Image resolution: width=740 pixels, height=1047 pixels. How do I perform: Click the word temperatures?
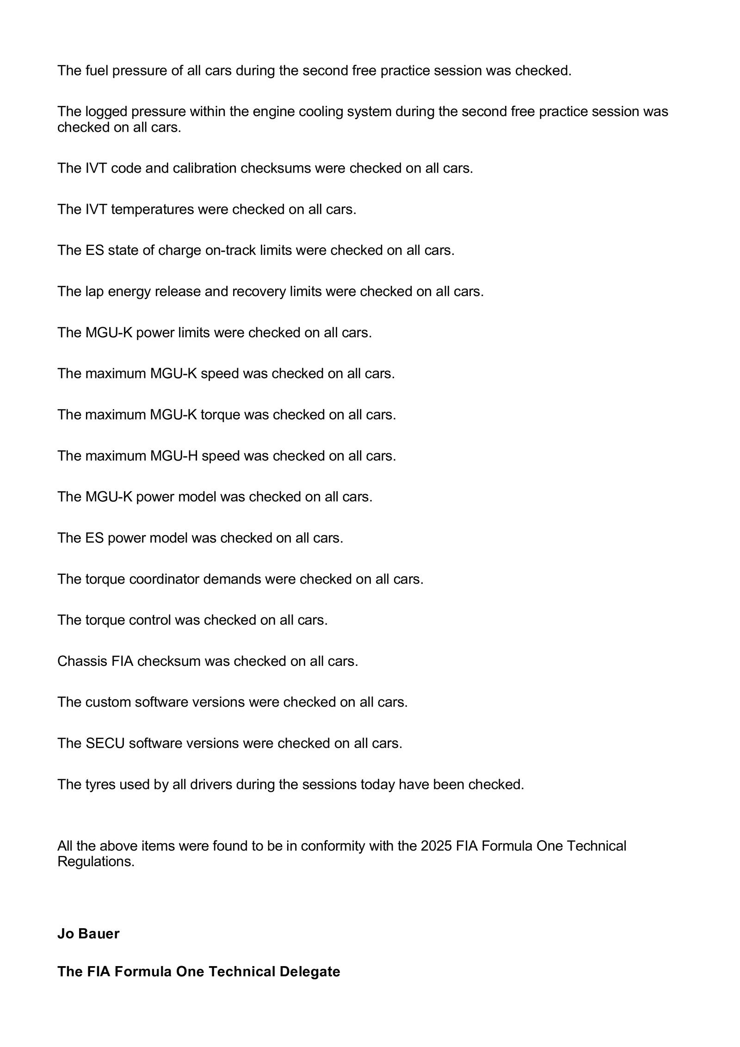152,209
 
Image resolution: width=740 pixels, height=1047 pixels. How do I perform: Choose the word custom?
108,702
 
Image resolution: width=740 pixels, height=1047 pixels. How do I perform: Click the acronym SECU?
105,743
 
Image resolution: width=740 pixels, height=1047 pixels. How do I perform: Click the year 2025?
436,846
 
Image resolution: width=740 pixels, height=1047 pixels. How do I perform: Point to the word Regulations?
96,862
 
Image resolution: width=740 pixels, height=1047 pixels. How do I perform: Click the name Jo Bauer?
88,934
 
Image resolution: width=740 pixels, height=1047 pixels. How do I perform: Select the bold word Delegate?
309,972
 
